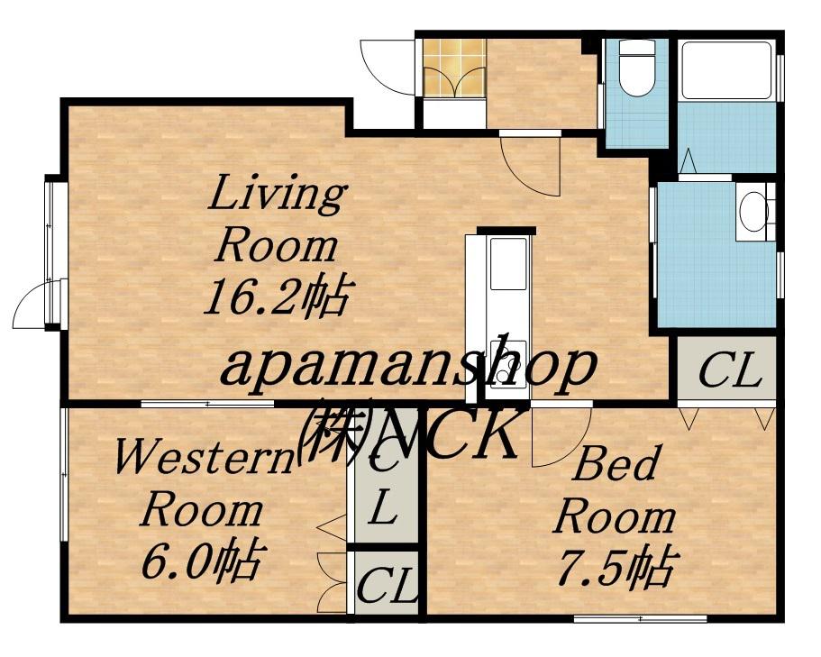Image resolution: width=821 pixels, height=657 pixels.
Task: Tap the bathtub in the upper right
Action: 726,70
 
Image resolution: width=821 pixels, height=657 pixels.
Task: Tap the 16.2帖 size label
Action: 277,297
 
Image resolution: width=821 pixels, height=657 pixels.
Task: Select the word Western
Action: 205,457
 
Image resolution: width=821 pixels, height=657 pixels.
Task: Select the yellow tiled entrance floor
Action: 455,68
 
